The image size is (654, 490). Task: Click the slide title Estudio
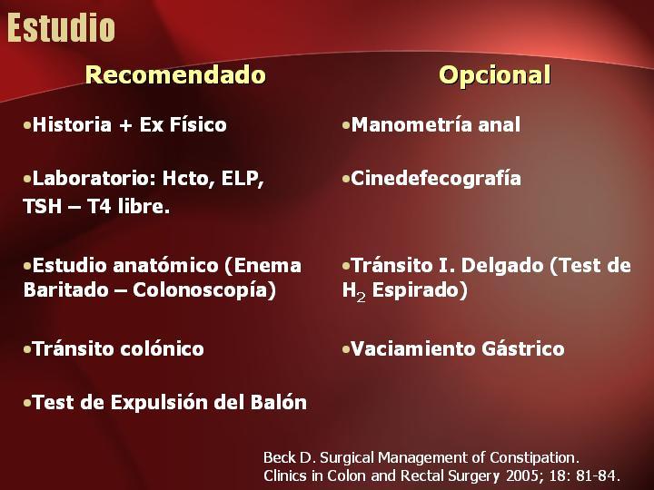pos(61,27)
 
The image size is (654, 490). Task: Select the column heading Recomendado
pos(175,74)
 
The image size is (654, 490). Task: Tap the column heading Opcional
pos(495,75)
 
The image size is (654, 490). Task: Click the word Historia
pos(72,124)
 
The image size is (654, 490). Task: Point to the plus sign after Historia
pos(125,125)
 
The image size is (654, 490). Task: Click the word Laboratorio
pos(91,179)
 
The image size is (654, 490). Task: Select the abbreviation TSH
pos(42,206)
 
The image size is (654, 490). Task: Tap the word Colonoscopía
pos(204,290)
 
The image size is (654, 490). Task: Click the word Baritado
pos(66,290)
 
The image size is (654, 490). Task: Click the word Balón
pos(279,403)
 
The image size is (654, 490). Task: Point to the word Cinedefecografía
pos(436,179)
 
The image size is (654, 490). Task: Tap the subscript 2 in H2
pos(361,297)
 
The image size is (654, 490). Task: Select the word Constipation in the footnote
pos(534,457)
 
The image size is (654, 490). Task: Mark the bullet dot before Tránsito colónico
pos(27,349)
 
